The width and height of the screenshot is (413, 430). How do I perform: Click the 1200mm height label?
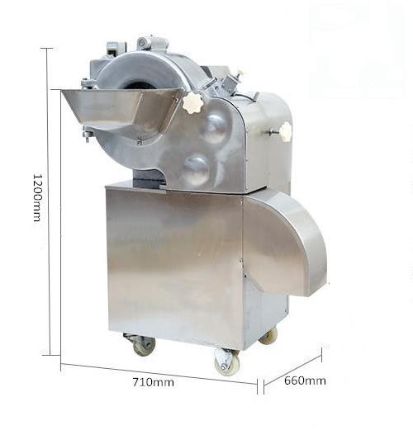(x=37, y=197)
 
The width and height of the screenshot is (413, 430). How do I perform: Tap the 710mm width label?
(x=153, y=382)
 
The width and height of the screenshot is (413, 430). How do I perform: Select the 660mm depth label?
(x=305, y=380)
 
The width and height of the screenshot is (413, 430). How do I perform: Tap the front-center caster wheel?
(x=226, y=362)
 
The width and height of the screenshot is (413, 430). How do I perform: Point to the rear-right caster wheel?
(x=268, y=336)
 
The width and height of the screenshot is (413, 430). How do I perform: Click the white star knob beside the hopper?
(x=192, y=103)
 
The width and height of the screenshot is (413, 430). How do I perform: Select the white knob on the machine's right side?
(x=285, y=132)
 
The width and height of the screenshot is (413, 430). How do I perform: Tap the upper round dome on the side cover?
(x=215, y=129)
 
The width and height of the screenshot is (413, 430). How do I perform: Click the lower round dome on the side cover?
(x=197, y=169)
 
